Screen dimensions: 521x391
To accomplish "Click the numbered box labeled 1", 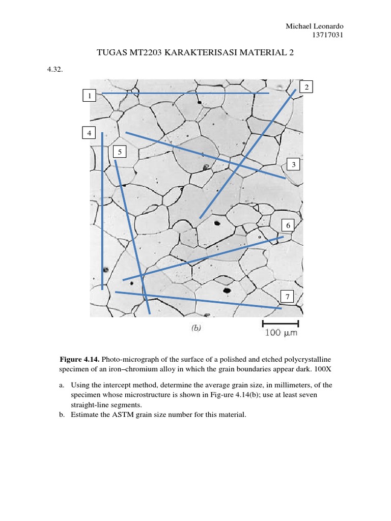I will pos(90,95).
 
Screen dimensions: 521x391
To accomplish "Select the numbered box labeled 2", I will pos(306,87).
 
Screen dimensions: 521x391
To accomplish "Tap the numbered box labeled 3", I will pos(294,164).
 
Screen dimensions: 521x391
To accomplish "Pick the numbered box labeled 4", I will pos(90,133).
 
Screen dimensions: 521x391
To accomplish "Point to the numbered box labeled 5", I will pos(120,152).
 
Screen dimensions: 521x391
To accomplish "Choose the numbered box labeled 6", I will pos(288,225).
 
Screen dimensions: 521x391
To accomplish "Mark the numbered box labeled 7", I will pos(288,297).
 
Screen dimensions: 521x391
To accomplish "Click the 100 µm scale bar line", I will pos(281,323).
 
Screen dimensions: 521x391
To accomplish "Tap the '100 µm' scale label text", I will pos(281,333).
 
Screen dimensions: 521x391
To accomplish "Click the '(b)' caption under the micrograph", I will pos(196,328).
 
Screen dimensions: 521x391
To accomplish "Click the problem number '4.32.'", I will pos(54,70).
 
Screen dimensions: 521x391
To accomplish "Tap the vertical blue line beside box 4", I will pos(102,211).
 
